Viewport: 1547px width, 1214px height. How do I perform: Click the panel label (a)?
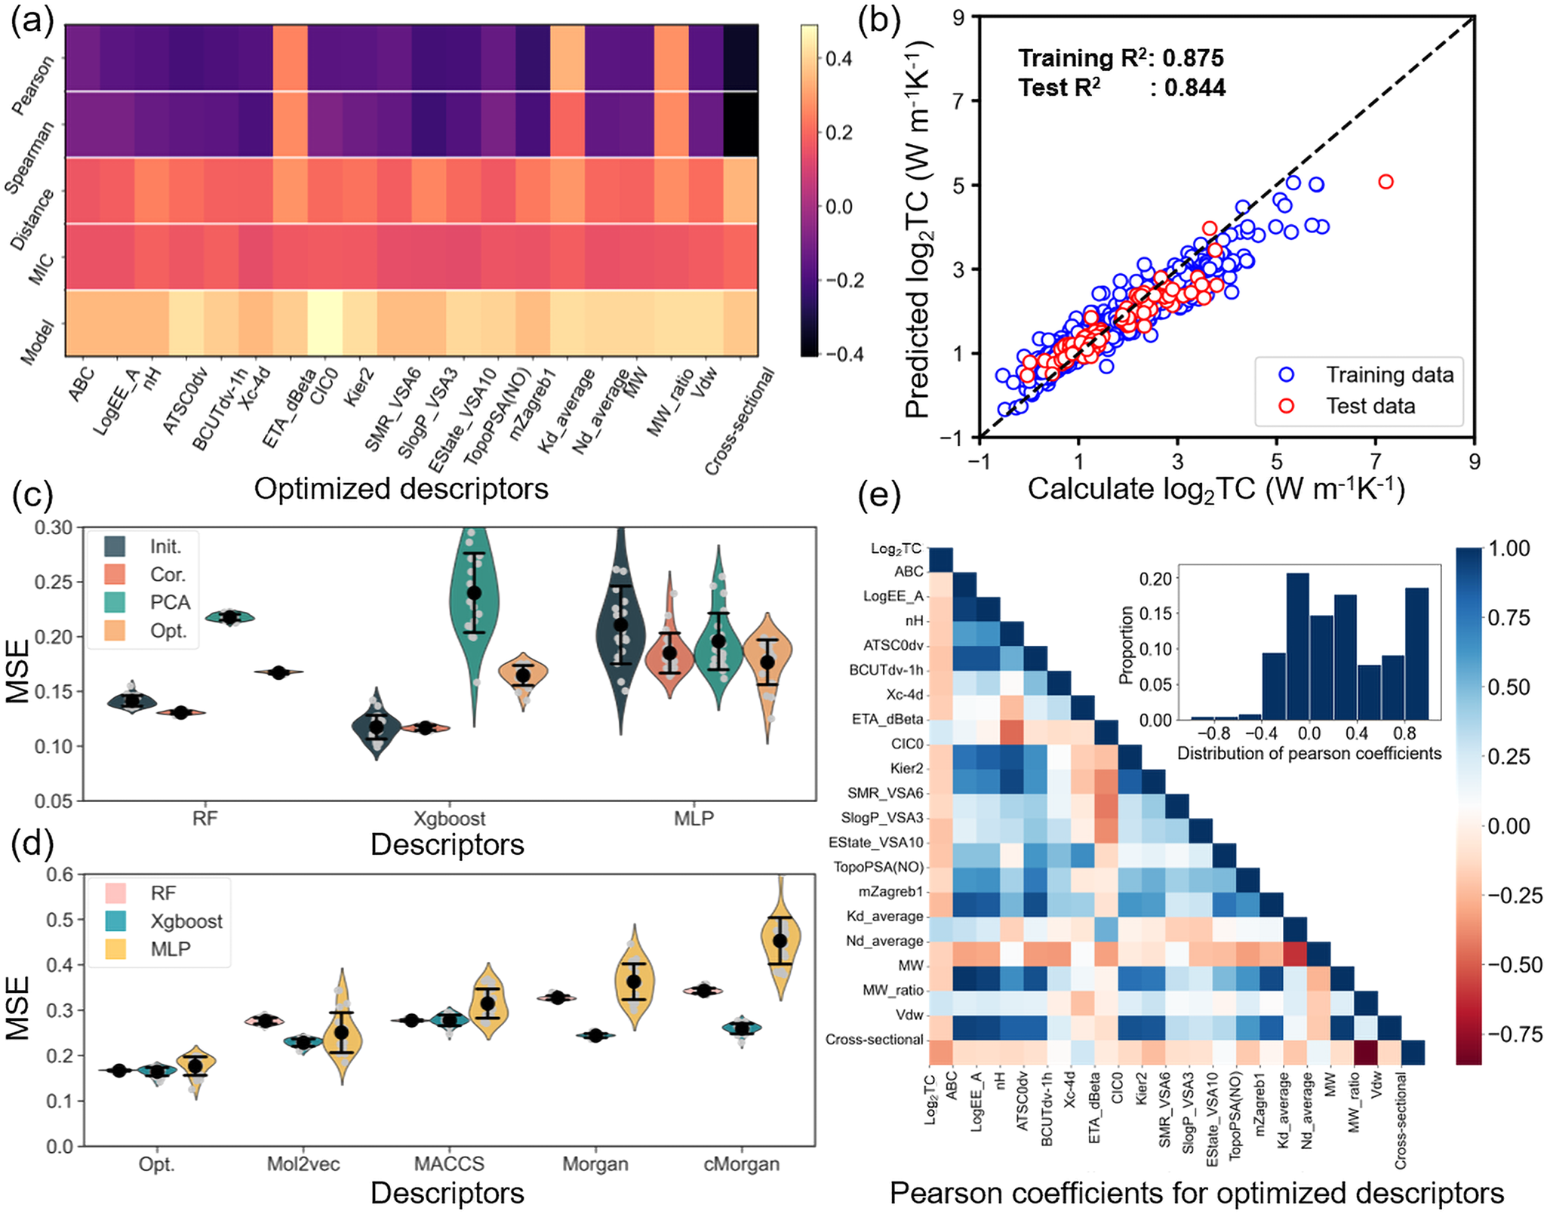click(x=32, y=23)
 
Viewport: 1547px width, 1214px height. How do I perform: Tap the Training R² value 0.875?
click(x=1192, y=58)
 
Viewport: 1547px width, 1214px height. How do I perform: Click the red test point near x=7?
click(x=1386, y=182)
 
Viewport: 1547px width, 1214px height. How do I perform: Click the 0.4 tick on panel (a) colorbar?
click(x=838, y=59)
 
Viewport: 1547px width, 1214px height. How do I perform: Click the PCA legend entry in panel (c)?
click(x=170, y=603)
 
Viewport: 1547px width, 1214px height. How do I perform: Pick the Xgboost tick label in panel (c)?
click(x=450, y=819)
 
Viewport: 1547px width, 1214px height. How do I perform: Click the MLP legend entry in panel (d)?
click(x=170, y=949)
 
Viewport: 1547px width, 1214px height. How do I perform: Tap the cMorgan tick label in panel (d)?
click(x=741, y=1164)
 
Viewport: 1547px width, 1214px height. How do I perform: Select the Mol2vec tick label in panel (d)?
click(x=303, y=1164)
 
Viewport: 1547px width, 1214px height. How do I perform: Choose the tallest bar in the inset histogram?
click(x=1297, y=646)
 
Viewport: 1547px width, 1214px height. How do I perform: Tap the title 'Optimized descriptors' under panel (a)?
click(x=401, y=489)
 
